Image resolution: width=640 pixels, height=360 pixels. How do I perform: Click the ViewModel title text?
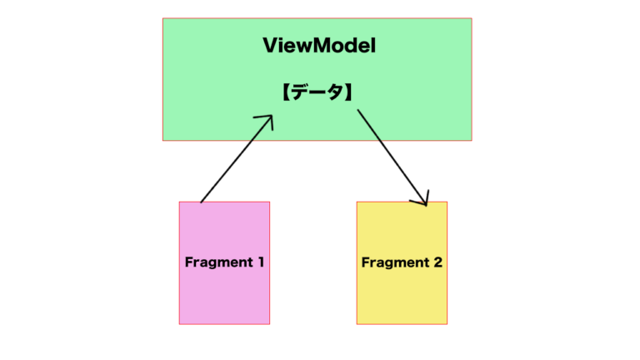tap(319, 45)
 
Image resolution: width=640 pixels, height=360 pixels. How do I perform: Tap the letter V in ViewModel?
tap(271, 45)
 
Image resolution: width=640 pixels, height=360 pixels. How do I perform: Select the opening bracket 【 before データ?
tap(286, 92)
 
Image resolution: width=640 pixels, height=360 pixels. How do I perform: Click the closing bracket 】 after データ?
tap(348, 92)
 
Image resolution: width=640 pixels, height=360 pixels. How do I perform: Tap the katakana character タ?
tap(335, 92)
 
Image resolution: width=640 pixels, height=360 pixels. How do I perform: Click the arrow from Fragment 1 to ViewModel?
tap(237, 159)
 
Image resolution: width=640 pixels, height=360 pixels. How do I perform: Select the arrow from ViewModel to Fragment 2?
tap(392, 157)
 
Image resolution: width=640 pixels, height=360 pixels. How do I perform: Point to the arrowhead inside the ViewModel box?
tap(267, 121)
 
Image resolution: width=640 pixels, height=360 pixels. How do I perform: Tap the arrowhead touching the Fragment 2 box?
tap(422, 199)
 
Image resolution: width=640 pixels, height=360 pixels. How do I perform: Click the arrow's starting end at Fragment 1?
tap(201, 202)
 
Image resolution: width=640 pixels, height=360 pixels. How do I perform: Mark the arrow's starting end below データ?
tap(358, 110)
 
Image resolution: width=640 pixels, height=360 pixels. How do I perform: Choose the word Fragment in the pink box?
tap(219, 262)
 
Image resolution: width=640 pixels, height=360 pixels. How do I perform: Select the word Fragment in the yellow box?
tap(396, 262)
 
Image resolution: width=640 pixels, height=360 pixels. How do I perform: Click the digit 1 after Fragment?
tap(261, 262)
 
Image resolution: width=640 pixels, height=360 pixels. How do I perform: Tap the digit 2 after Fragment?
tap(438, 262)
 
